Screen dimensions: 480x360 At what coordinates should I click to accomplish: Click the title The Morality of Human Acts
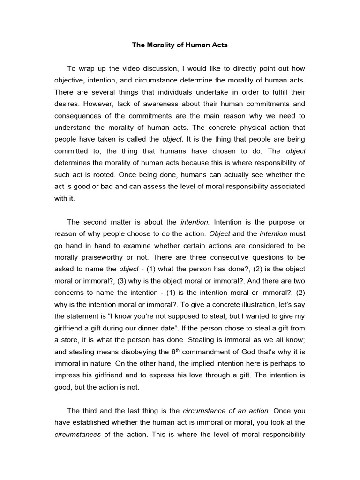[180, 45]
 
